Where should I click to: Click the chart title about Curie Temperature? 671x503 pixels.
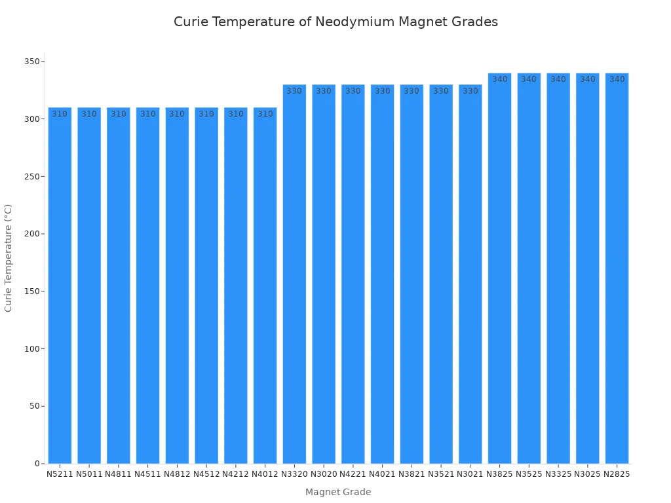tap(335, 22)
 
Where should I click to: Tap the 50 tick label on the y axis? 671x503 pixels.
tap(35, 406)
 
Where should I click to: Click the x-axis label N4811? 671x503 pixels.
tap(119, 474)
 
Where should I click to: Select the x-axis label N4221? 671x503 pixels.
tap(353, 474)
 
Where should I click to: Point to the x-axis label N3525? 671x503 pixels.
tap(529, 474)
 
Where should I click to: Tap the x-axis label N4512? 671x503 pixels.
tap(206, 474)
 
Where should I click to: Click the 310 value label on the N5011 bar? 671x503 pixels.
tap(89, 114)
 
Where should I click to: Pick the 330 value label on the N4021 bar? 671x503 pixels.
tap(383, 91)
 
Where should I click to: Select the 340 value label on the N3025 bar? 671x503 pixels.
tap(588, 79)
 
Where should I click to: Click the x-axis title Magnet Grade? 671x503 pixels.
tap(338, 492)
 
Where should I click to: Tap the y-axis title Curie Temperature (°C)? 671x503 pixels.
tap(9, 257)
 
